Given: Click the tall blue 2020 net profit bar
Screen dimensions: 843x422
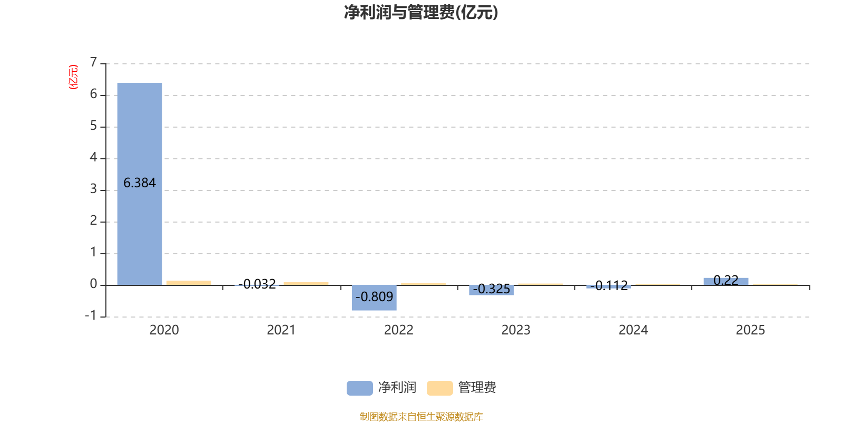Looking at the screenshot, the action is point(140,184).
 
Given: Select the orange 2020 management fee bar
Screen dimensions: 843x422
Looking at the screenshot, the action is point(189,283).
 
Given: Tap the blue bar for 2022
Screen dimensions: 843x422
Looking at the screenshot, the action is point(374,298).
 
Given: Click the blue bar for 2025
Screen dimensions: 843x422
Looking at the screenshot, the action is point(726,282).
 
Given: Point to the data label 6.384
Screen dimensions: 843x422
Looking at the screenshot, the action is point(140,183).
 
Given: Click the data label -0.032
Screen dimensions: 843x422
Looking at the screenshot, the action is point(257,284).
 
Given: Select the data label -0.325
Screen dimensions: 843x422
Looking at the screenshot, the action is point(492,289).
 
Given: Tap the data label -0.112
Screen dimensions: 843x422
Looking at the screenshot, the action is point(609,285).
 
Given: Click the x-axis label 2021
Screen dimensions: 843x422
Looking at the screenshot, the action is point(281,330).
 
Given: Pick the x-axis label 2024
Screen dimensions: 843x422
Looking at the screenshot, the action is point(633,330).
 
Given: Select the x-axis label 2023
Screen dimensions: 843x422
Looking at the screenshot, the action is point(516,330).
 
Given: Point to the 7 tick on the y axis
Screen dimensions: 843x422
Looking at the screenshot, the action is point(93,62).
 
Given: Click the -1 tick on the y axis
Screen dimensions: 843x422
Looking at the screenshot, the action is point(91,315).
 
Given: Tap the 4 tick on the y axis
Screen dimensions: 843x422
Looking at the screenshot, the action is point(93,157).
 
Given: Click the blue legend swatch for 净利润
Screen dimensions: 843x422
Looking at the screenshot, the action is point(360,388).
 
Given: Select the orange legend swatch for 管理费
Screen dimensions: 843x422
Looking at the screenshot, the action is point(439,388).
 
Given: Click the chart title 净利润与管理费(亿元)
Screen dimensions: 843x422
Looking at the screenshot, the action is point(421,13).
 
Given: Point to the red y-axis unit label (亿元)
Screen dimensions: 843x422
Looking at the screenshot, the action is point(73,77).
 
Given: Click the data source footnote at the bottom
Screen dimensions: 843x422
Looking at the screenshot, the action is point(421,416).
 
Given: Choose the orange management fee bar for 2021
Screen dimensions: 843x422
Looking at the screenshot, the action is point(306,284).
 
